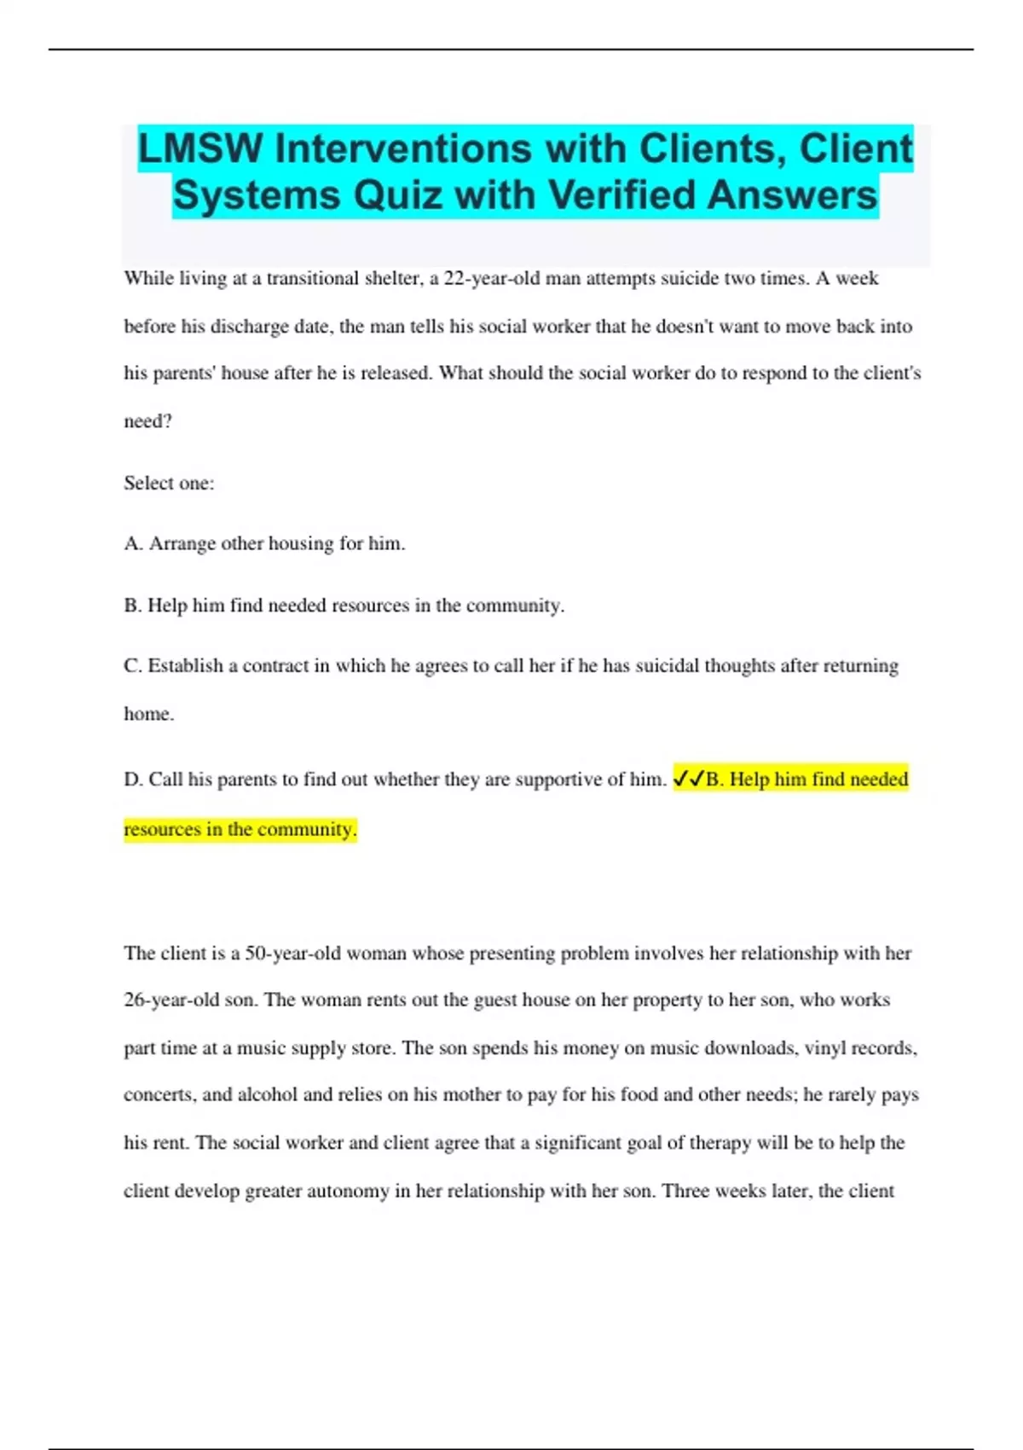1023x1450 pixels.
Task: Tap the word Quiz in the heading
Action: (397, 195)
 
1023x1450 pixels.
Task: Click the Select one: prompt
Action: (169, 483)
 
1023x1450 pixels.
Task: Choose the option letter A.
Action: (132, 543)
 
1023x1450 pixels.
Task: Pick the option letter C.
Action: (132, 665)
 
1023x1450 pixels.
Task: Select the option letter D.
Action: (132, 779)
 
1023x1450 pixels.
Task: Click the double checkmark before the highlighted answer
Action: (689, 779)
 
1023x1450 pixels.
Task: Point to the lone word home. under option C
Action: (148, 714)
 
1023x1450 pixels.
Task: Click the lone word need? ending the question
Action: (147, 421)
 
